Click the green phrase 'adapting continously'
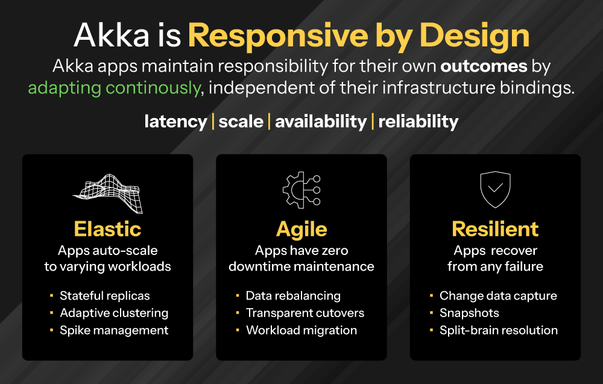click(114, 87)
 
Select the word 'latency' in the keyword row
click(175, 122)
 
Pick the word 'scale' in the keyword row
click(241, 122)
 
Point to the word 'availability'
click(321, 122)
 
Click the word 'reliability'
click(418, 122)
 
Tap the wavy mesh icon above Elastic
click(108, 193)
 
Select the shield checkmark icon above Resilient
click(495, 189)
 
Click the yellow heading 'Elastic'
click(107, 229)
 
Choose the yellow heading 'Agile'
click(301, 229)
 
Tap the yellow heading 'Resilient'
click(495, 229)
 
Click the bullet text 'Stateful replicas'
click(105, 296)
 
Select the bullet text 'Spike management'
click(114, 330)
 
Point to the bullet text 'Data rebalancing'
click(293, 296)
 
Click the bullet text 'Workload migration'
click(301, 330)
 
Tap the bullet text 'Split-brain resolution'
click(499, 330)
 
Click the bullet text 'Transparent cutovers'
click(305, 313)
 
